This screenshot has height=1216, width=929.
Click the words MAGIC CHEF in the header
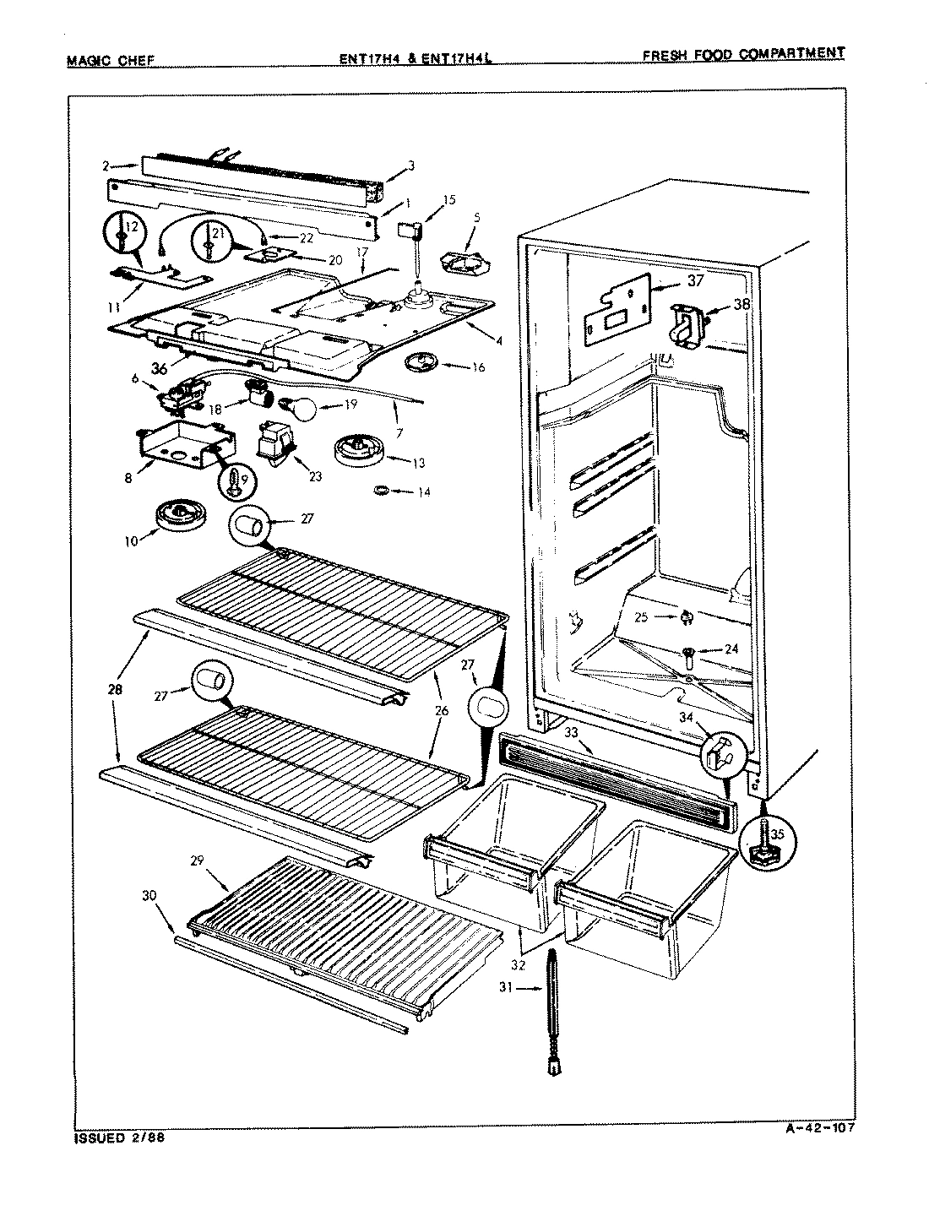(109, 59)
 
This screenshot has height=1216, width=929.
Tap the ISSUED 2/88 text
(113, 1137)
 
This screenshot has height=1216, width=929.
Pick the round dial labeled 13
(358, 448)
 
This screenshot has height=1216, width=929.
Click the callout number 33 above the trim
(572, 732)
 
